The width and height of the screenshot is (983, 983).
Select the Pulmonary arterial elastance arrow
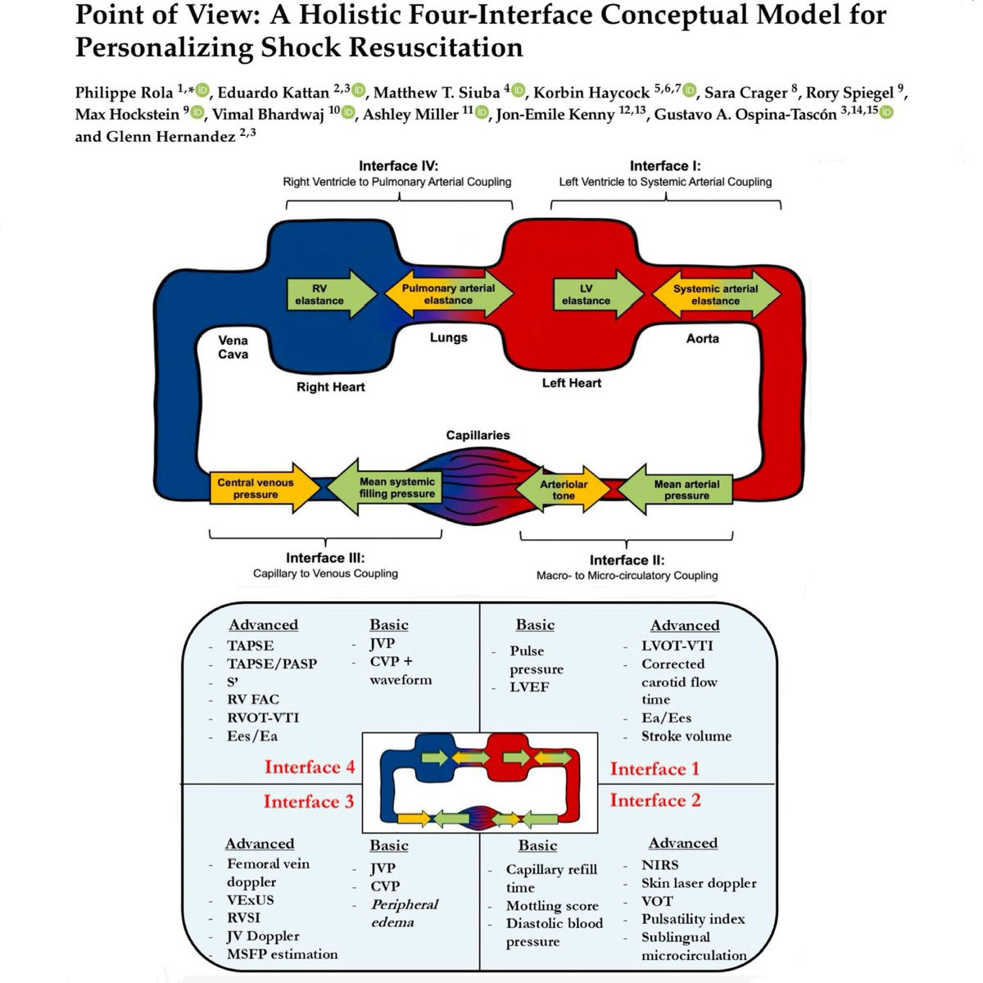tap(448, 295)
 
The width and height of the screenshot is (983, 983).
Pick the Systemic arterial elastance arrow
tap(715, 295)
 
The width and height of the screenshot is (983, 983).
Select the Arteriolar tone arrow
tap(564, 490)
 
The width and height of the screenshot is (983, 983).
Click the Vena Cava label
tap(233, 347)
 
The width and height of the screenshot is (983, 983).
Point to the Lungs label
tap(449, 337)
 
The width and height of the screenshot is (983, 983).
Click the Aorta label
tap(703, 338)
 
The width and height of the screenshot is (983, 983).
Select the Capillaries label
tap(478, 435)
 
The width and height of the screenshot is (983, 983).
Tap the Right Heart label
tap(331, 387)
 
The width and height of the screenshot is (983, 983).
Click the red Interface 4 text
tap(310, 768)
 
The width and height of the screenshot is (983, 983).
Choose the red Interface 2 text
tap(655, 800)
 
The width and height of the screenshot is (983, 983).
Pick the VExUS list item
tap(251, 899)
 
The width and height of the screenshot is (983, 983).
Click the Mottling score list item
tap(552, 905)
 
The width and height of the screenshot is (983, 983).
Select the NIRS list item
tap(660, 864)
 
